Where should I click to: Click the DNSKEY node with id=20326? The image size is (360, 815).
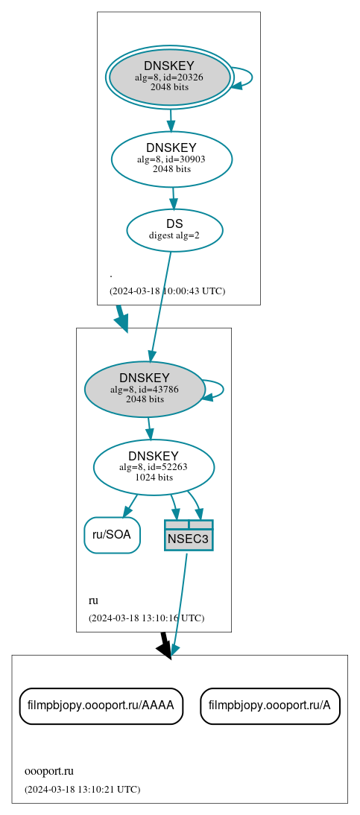(x=169, y=77)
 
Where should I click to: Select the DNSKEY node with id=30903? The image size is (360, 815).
(x=171, y=159)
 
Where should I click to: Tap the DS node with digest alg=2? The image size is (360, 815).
(x=174, y=229)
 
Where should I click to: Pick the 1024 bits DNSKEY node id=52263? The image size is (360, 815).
(x=154, y=467)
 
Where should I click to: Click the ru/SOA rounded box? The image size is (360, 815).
(x=112, y=535)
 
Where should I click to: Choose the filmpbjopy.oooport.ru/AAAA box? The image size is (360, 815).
(x=101, y=705)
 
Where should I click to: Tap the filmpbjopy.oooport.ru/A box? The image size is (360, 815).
(x=270, y=705)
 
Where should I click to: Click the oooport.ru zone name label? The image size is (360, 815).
(x=49, y=771)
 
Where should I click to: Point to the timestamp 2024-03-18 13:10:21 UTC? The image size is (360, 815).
(x=82, y=790)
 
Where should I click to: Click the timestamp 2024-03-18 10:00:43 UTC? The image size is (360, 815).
(x=167, y=291)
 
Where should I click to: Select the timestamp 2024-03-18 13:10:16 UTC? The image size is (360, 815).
(x=146, y=618)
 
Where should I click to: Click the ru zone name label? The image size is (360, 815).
(x=93, y=600)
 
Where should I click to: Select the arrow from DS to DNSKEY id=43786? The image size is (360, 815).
(x=161, y=305)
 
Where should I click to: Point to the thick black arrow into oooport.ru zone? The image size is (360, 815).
(x=165, y=644)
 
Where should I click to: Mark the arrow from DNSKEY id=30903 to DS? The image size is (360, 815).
(x=173, y=197)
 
